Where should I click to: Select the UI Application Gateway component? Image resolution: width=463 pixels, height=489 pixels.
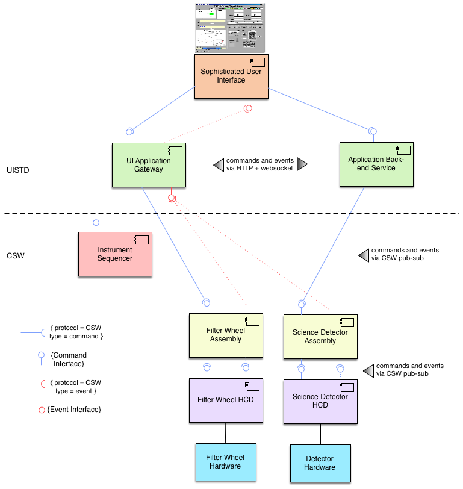click(148, 164)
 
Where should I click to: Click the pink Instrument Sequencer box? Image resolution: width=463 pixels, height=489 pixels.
click(115, 254)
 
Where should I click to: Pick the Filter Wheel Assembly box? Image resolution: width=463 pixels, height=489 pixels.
click(226, 335)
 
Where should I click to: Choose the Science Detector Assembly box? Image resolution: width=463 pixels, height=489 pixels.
click(320, 336)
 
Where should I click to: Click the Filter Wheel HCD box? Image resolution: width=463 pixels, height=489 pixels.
click(226, 400)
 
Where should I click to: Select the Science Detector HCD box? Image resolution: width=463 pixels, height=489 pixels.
click(320, 400)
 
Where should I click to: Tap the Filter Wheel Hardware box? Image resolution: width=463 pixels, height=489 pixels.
click(226, 462)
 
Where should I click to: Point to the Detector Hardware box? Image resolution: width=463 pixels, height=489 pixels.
click(320, 463)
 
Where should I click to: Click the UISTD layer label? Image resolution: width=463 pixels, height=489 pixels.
click(19, 170)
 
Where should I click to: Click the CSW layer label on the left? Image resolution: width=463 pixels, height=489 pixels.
click(16, 256)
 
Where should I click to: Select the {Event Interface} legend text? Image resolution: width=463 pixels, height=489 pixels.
click(73, 410)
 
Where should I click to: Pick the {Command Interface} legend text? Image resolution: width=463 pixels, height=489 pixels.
click(69, 359)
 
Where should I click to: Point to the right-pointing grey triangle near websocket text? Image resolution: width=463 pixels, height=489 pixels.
click(302, 164)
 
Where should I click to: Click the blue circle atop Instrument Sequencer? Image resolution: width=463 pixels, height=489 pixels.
click(95, 223)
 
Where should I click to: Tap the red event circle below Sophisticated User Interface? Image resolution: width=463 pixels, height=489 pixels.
click(247, 108)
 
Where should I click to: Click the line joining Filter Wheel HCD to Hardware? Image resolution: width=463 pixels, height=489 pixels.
click(226, 432)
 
